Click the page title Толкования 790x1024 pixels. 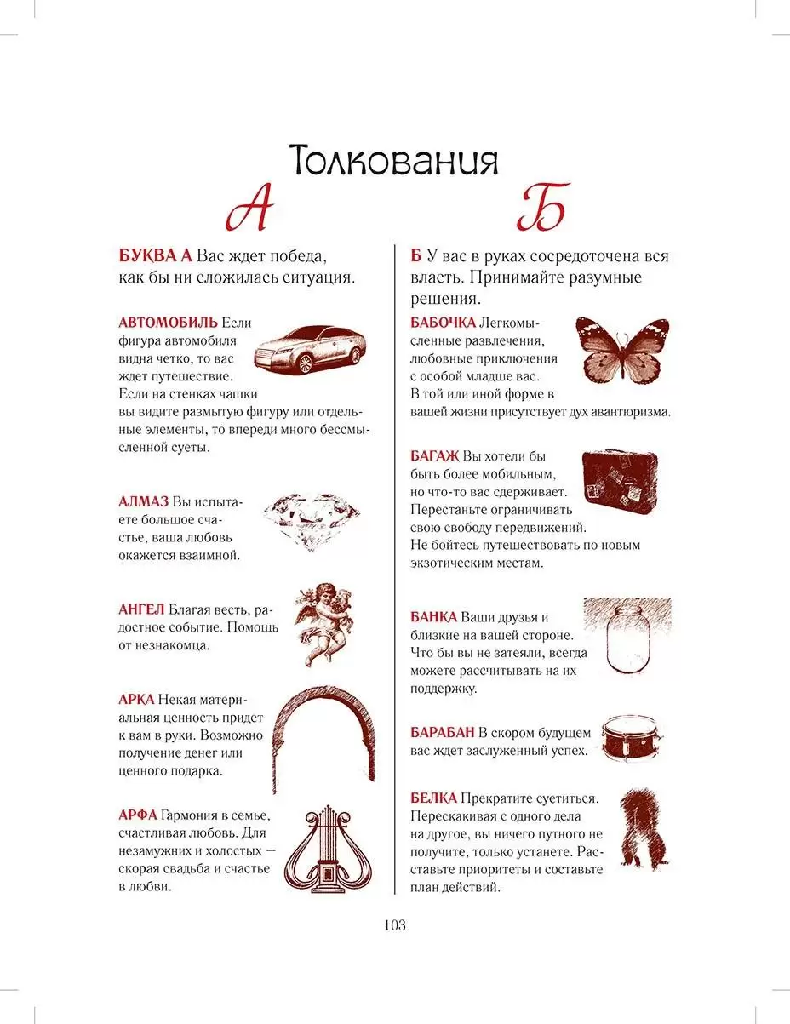393,159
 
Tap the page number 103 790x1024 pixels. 395,925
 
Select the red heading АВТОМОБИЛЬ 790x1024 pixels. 168,323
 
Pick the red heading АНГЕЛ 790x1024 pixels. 140,609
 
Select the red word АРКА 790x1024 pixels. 136,700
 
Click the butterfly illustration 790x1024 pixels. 622,350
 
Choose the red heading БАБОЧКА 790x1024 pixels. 443,323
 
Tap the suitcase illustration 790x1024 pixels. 620,481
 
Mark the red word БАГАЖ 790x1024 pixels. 435,455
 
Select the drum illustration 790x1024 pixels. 632,736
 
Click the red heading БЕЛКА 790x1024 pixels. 433,798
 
